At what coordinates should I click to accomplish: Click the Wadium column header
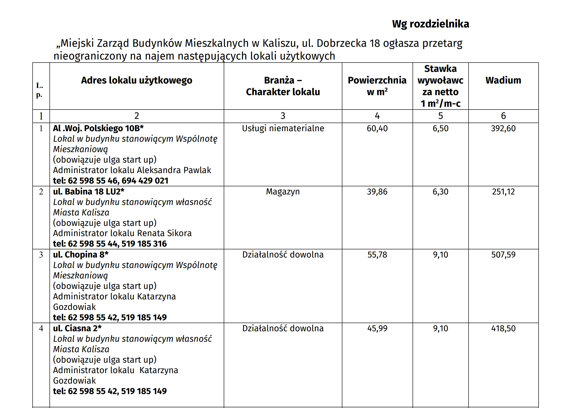coord(503,80)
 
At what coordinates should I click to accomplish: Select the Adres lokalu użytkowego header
coord(137,80)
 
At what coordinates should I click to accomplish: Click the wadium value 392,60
coord(503,129)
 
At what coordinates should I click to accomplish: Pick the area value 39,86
coord(377,192)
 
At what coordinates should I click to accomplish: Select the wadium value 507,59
coord(503,255)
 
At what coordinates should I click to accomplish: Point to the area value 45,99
coord(377,329)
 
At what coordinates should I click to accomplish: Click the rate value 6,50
coord(441,129)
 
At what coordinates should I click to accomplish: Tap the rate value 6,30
coord(441,192)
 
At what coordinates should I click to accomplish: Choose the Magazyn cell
coord(283,192)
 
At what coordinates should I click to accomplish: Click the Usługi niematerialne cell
coord(283,129)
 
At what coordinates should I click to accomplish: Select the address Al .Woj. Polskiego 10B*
coord(98,128)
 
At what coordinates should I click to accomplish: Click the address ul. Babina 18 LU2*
coord(89,192)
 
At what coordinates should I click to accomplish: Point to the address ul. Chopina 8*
coord(81,255)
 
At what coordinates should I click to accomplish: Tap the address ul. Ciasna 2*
coord(77,328)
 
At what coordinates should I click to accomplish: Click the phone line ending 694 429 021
coord(110,181)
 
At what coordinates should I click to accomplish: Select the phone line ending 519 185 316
coord(110,244)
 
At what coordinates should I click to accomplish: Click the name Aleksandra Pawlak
coord(174,170)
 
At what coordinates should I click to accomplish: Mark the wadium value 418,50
coord(503,329)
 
